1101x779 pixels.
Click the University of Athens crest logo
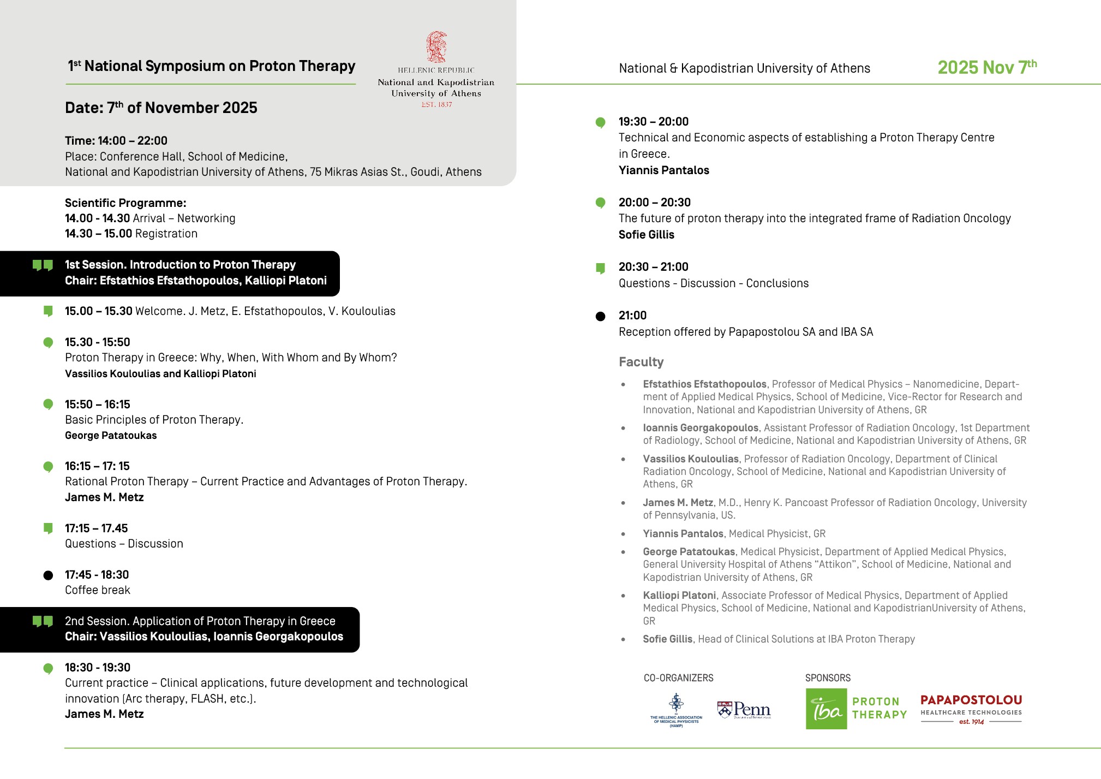(436, 47)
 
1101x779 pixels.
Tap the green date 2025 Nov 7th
(986, 67)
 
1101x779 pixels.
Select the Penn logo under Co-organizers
(744, 710)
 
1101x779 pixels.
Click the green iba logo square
(826, 709)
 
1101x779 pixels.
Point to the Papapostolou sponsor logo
(971, 709)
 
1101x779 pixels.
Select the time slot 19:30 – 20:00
(654, 121)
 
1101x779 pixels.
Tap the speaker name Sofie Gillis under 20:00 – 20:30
(647, 235)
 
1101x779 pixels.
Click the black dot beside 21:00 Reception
(600, 316)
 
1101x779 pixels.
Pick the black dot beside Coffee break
(48, 575)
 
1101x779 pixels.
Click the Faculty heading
(641, 362)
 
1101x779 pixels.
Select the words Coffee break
(98, 590)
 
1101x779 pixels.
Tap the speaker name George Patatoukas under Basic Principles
(111, 436)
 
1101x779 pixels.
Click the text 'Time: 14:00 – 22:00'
(116, 141)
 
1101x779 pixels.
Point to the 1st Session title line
(180, 265)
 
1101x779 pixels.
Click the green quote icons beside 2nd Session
(43, 621)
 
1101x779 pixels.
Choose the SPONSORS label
(828, 678)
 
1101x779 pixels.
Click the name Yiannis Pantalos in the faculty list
(683, 533)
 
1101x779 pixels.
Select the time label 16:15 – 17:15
(97, 466)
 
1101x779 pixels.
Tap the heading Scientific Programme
(125, 203)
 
